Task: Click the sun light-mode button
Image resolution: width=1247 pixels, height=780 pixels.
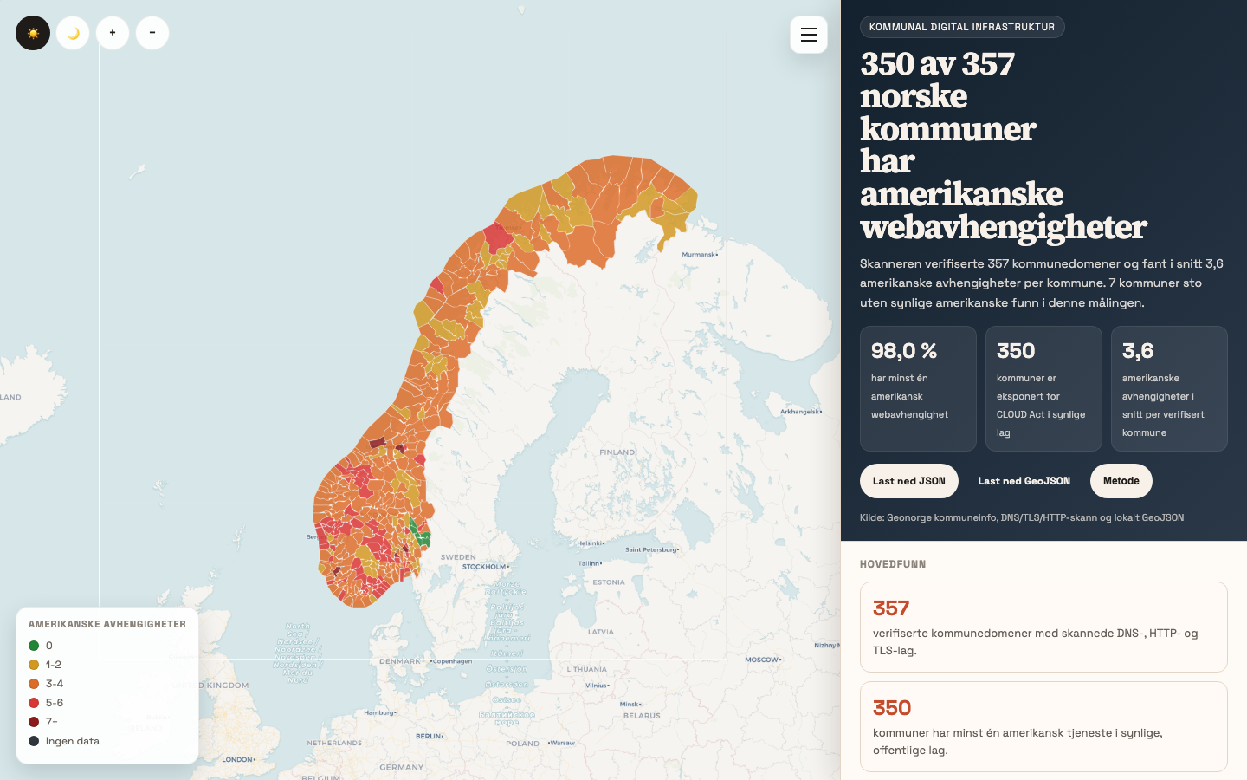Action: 33,33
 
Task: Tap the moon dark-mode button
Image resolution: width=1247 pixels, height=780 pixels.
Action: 73,33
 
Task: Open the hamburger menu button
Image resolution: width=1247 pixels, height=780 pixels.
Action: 809,35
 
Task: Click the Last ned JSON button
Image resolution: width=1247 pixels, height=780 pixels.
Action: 908,481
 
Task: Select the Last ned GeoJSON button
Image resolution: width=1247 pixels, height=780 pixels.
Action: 1024,481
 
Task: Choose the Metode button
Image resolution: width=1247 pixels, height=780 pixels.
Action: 1121,481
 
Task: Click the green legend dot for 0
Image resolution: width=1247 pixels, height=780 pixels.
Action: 34,646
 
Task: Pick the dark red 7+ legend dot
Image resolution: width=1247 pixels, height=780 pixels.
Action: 34,722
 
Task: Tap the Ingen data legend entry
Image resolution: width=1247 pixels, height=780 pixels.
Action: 73,741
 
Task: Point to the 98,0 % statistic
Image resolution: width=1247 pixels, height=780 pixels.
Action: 904,351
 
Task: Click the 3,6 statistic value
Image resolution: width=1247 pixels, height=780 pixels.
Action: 1138,351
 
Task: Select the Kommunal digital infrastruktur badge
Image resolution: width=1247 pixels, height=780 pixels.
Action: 961,27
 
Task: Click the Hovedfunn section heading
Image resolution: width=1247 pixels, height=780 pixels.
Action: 893,564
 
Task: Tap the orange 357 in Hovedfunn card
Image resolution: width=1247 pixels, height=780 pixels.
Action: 891,608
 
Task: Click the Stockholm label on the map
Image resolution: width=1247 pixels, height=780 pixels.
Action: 484,567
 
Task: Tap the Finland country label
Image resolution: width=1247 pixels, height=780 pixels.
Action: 617,452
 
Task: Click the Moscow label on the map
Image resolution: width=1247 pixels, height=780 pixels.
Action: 761,660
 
